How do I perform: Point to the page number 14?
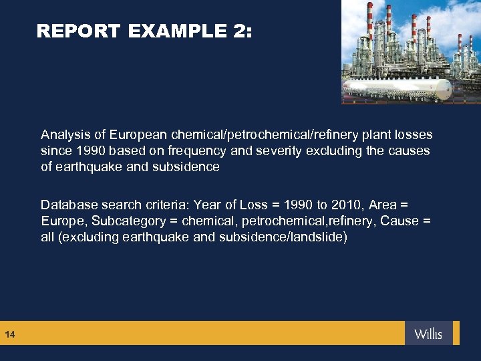tap(9, 334)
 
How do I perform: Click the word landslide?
tap(319, 237)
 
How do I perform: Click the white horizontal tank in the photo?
tap(394, 88)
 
